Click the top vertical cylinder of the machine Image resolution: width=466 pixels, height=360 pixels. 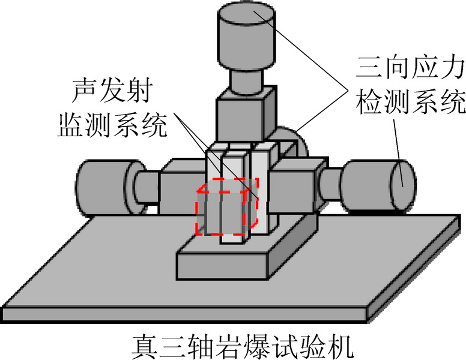coord(246,42)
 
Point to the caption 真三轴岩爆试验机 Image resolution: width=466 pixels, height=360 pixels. coord(240,346)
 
